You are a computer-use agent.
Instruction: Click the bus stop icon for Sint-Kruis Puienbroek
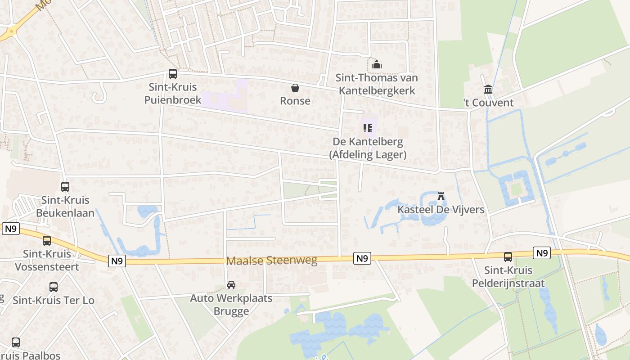[x=172, y=74]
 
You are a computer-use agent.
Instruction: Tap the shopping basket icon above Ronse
[x=295, y=88]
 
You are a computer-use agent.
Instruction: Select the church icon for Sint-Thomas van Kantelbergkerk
[x=377, y=65]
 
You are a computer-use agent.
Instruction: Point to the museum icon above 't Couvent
[x=488, y=90]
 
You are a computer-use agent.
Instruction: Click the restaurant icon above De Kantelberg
[x=368, y=129]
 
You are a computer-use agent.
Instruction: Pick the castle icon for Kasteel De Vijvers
[x=441, y=196]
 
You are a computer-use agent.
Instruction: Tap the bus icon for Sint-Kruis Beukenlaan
[x=65, y=186]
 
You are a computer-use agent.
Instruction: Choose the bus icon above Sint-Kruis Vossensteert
[x=47, y=241]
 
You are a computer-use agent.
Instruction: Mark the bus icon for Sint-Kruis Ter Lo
[x=54, y=287]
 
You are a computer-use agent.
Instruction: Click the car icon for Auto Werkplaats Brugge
[x=231, y=285]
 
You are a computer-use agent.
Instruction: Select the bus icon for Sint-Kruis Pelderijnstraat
[x=508, y=257]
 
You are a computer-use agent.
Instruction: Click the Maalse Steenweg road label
[x=272, y=260]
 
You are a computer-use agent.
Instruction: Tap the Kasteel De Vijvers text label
[x=441, y=210]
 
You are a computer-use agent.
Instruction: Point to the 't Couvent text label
[x=488, y=103]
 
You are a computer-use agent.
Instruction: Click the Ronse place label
[x=295, y=101]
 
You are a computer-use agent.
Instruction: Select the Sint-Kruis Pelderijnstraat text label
[x=508, y=277]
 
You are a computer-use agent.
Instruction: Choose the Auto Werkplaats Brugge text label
[x=231, y=305]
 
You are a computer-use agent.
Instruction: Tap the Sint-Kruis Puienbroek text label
[x=173, y=93]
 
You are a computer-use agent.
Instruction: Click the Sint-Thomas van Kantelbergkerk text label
[x=377, y=84]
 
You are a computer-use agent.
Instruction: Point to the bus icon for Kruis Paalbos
[x=16, y=342]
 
